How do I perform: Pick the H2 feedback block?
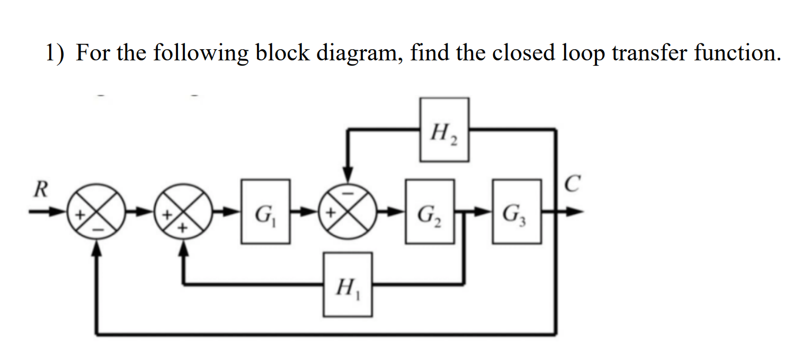click(444, 130)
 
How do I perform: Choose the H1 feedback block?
click(348, 285)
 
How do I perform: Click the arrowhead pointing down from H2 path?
click(348, 175)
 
